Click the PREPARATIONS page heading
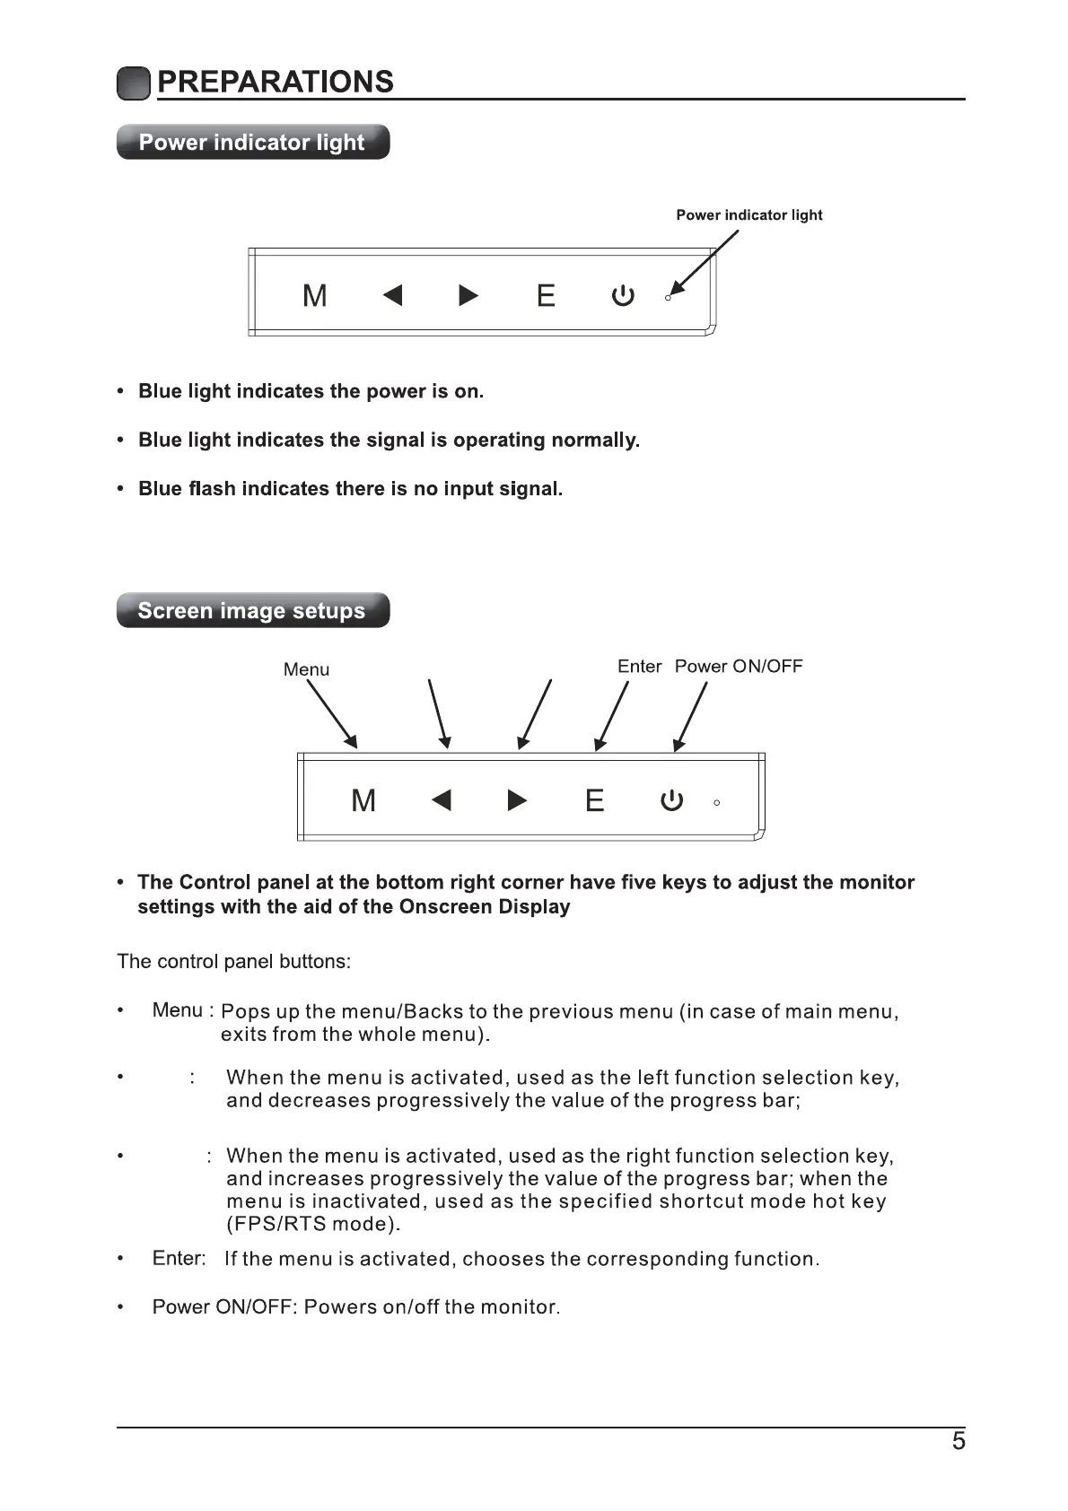pyautogui.click(x=275, y=82)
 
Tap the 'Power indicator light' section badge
pyautogui.click(x=252, y=143)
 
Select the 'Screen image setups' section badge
pyautogui.click(x=252, y=611)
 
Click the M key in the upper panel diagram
pyautogui.click(x=315, y=295)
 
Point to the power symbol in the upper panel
pyautogui.click(x=623, y=295)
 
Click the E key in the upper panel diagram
pyautogui.click(x=546, y=295)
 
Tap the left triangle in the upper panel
pyautogui.click(x=392, y=295)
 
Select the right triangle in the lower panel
pyautogui.click(x=517, y=799)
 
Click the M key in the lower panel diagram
pyautogui.click(x=363, y=800)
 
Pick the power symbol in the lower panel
pyautogui.click(x=671, y=800)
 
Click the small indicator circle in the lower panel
pyautogui.click(x=716, y=803)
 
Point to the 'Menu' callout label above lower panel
pyautogui.click(x=306, y=669)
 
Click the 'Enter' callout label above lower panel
pyautogui.click(x=639, y=667)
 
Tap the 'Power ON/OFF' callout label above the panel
pyautogui.click(x=739, y=667)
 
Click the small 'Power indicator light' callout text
pyautogui.click(x=748, y=215)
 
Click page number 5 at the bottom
pyautogui.click(x=959, y=1441)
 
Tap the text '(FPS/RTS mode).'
pyautogui.click(x=313, y=1224)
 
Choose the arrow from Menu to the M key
pyautogui.click(x=332, y=714)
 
